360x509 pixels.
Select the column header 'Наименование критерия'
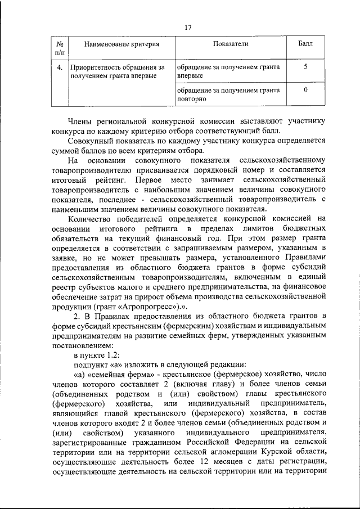click(x=118, y=44)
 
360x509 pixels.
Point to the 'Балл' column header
click(x=305, y=44)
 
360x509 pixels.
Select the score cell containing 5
click(x=305, y=67)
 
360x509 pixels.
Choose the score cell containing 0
click(x=305, y=89)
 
